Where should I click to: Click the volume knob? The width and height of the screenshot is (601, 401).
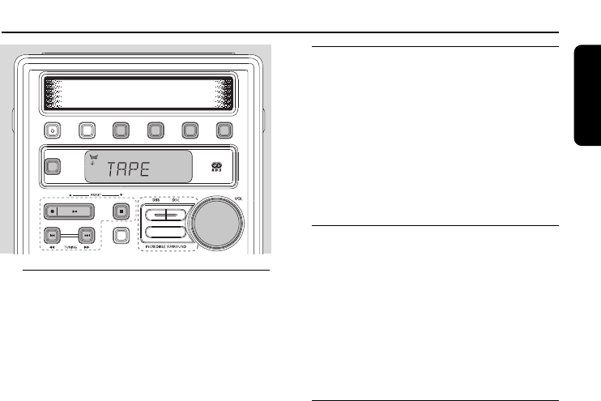click(216, 220)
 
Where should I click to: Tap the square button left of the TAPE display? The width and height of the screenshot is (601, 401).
click(53, 168)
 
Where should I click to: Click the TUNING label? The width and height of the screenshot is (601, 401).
click(68, 249)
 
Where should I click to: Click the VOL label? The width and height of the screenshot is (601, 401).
click(237, 195)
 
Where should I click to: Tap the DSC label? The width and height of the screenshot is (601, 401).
click(174, 199)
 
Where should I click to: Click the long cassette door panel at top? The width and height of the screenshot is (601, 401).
click(138, 93)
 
